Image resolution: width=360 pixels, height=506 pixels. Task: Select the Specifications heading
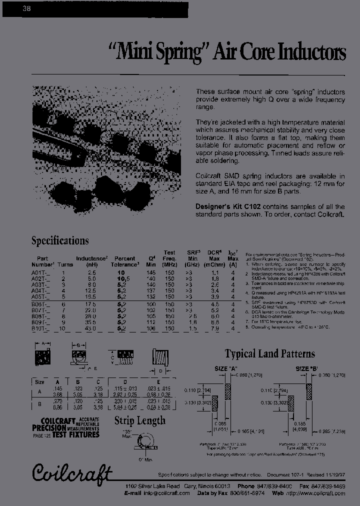coord(60,240)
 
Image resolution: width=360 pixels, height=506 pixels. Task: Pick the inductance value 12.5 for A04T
coord(90,290)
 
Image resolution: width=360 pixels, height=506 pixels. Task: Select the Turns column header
coord(63,264)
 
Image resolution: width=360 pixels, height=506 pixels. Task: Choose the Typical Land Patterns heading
coord(269,354)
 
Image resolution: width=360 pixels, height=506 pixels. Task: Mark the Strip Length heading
coord(139,420)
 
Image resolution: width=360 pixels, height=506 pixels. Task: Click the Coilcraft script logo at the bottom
coord(72,472)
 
